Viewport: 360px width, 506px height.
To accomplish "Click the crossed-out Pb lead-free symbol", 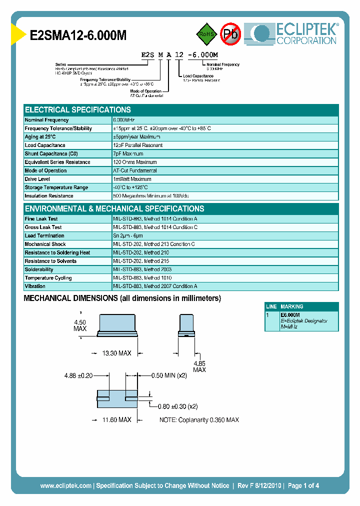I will tap(230, 34).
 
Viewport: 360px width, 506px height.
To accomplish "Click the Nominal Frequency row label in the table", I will tap(46, 120).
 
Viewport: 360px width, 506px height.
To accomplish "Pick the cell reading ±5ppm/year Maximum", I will tap(136, 137).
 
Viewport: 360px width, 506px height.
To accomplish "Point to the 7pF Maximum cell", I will tap(128, 154).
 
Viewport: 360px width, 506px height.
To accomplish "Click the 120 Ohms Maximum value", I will tap(134, 162).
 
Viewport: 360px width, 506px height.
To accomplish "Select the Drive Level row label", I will tap(38, 179).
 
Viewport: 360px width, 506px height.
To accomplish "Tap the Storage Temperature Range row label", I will tap(56, 187).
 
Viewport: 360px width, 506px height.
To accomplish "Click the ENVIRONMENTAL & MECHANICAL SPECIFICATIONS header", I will tap(114, 209).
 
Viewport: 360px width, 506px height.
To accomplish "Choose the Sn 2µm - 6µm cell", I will tap(128, 236).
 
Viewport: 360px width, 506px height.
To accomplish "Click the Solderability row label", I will tap(39, 269).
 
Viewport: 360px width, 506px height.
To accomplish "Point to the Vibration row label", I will tap(35, 286).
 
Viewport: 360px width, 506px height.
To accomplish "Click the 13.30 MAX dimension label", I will tap(116, 353).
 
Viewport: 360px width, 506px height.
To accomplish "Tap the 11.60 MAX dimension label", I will tap(116, 420).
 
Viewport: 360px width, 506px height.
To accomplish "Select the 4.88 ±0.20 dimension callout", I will tap(78, 375).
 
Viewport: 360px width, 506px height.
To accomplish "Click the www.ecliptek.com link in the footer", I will tap(65, 485).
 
